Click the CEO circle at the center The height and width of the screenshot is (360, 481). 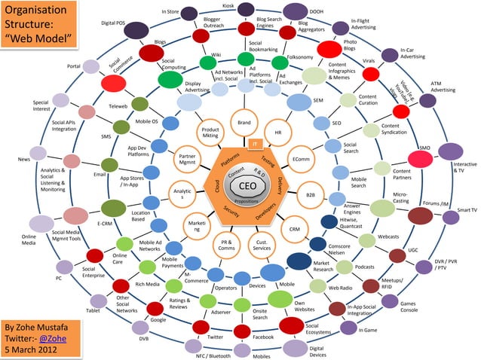pos(248,187)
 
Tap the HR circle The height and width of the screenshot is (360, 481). pos(277,131)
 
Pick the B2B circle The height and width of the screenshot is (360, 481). pos(310,194)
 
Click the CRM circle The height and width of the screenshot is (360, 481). pos(294,229)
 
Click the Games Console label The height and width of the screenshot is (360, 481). pos(409,305)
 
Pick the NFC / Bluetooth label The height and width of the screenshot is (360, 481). pos(213,354)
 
